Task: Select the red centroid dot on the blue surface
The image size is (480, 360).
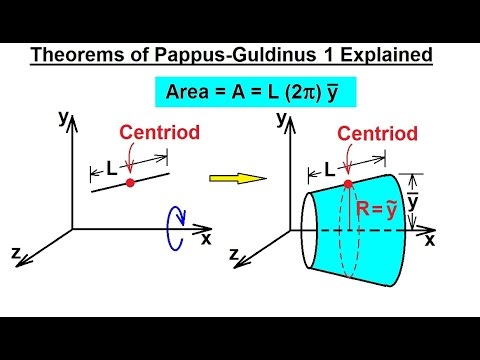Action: tap(347, 184)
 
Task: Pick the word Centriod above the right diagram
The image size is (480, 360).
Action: tap(371, 132)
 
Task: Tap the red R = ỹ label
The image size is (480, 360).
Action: tap(377, 208)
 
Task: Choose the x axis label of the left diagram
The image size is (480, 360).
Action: tap(206, 238)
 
